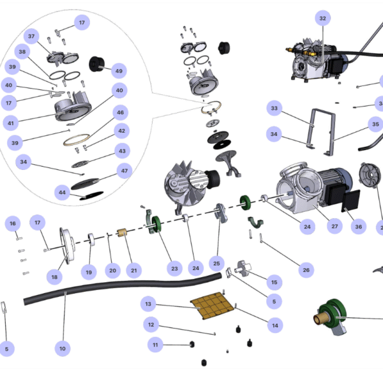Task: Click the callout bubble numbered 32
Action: pos(322,19)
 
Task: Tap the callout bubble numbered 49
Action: pos(119,71)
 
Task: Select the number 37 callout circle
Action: pos(31,36)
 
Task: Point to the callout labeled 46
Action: pos(121,112)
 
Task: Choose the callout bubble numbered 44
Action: pos(62,193)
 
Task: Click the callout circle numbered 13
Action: pos(148,304)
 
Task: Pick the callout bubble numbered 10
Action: pos(63,349)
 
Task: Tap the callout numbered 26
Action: pos(306,270)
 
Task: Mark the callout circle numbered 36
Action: pos(358,227)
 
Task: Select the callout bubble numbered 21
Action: pos(134,271)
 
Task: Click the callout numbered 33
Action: pos(274,108)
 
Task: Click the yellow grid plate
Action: pos(212,305)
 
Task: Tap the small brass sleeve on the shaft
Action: pos(122,233)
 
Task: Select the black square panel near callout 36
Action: pos(351,201)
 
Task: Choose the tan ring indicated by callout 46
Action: pos(77,140)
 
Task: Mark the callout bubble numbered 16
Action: pos(13,223)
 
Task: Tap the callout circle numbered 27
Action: pos(334,226)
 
